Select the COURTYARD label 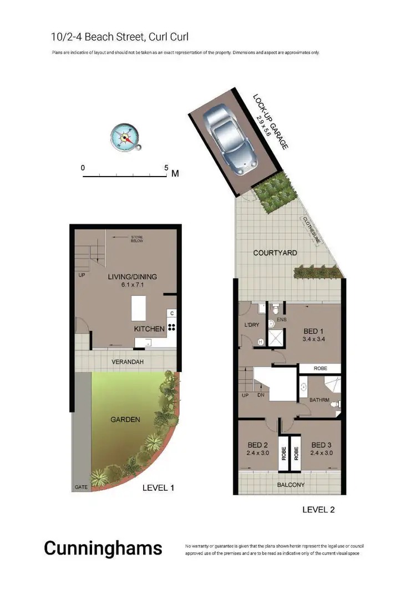click(275, 253)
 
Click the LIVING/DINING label click(133, 276)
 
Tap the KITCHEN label click(149, 329)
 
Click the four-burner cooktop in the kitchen click(172, 328)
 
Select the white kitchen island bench click(139, 308)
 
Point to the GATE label click(80, 487)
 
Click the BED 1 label click(313, 329)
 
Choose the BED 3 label click(321, 445)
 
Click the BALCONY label click(290, 485)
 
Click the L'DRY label click(252, 325)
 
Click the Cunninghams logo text click(103, 548)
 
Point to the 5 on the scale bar click(166, 167)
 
